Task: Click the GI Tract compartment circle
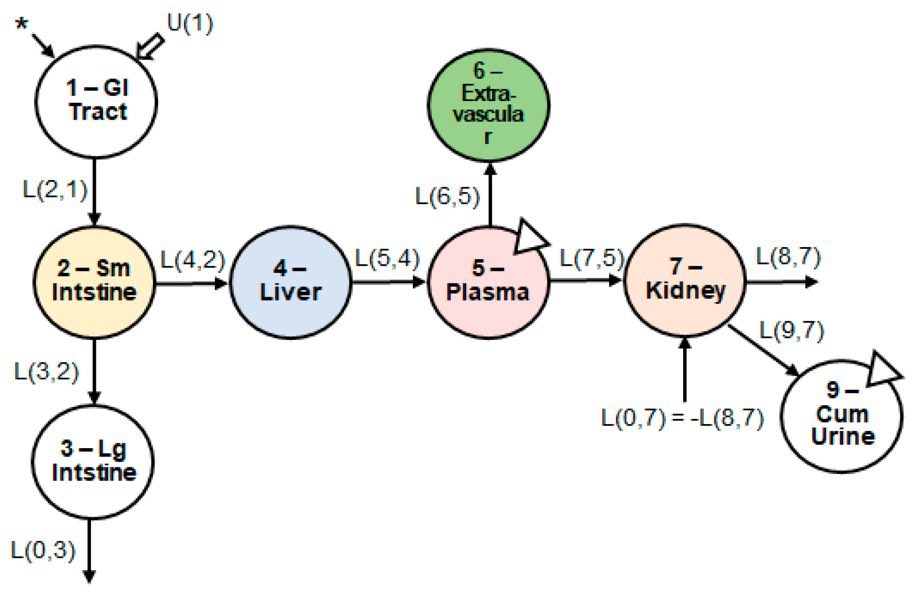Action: pyautogui.click(x=96, y=101)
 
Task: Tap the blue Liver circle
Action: pyautogui.click(x=290, y=282)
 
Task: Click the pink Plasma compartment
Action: pyautogui.click(x=488, y=282)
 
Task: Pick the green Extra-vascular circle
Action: pyautogui.click(x=488, y=104)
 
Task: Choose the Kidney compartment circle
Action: pyautogui.click(x=685, y=281)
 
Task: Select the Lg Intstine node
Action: pyautogui.click(x=93, y=462)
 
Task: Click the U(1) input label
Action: pyautogui.click(x=190, y=23)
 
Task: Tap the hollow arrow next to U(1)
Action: pyautogui.click(x=150, y=47)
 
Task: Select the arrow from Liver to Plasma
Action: pyautogui.click(x=388, y=282)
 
